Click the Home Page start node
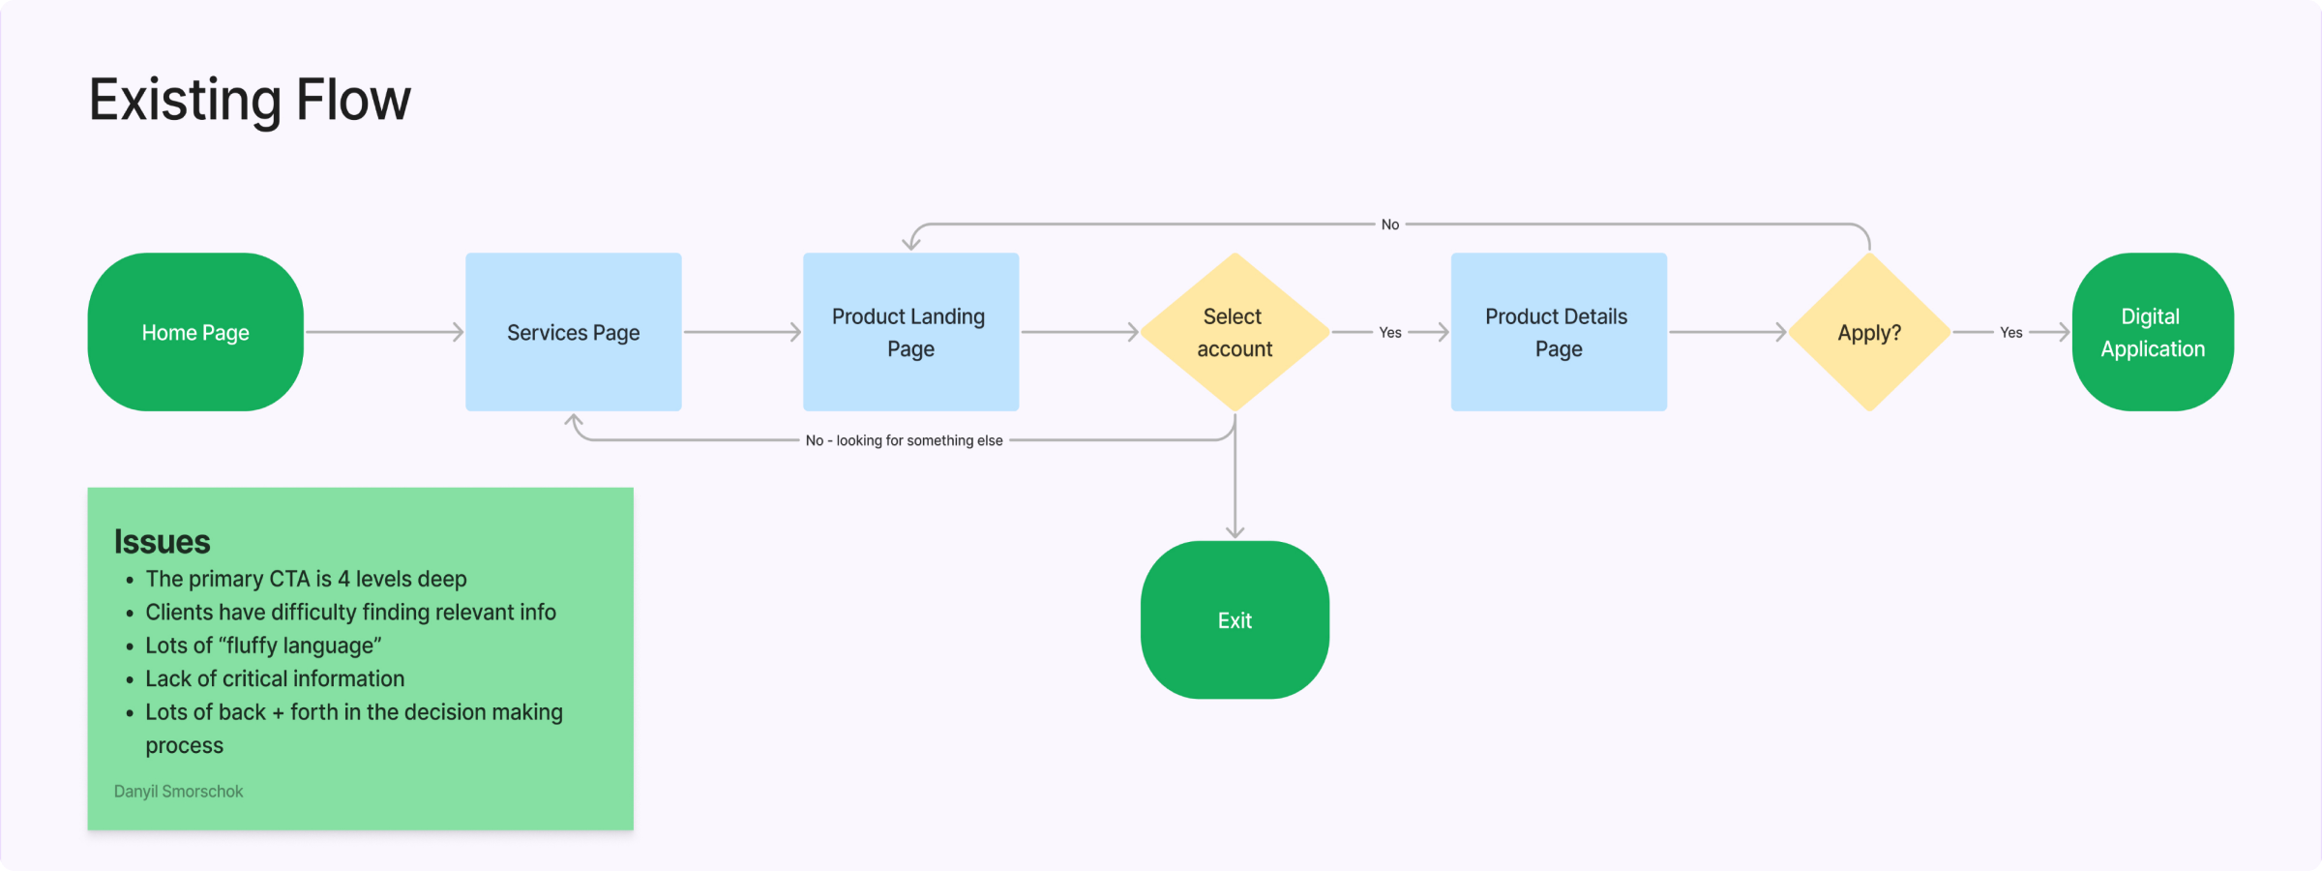point(195,332)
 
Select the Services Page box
point(573,332)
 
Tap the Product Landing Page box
point(910,332)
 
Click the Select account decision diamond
point(1235,332)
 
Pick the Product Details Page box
point(1558,332)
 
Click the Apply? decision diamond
point(1869,332)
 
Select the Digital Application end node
point(2152,332)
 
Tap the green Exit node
point(1235,619)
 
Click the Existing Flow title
point(250,100)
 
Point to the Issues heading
point(162,541)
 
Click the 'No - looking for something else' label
point(904,440)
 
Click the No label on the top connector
point(1389,225)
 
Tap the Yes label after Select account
point(1389,332)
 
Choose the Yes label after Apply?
point(2010,332)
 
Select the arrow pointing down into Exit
point(1235,484)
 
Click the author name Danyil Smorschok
point(178,791)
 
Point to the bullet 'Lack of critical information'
point(275,678)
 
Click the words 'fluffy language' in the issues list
point(300,646)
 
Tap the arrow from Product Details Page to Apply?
point(1728,332)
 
